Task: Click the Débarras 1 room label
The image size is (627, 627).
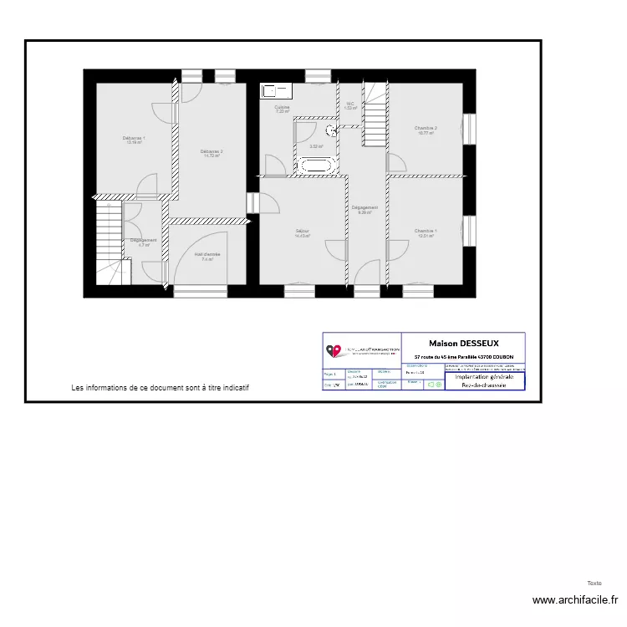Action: (x=133, y=138)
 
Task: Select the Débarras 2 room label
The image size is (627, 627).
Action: (x=211, y=151)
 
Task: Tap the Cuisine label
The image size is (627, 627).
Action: (x=283, y=107)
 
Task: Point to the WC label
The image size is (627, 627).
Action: (x=351, y=104)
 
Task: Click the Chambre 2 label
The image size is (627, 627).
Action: (x=426, y=128)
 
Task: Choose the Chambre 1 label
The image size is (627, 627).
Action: (x=426, y=231)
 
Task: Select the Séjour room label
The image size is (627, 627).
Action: (x=302, y=231)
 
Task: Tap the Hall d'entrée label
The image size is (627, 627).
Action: (x=207, y=254)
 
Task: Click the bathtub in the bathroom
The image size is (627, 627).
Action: (x=316, y=166)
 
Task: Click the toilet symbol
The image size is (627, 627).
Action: (x=332, y=130)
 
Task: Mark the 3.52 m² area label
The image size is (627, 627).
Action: (x=316, y=146)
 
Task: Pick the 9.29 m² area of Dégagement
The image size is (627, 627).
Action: (x=364, y=213)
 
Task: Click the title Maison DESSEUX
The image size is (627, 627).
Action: (x=463, y=343)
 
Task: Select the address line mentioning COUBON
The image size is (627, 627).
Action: (x=463, y=357)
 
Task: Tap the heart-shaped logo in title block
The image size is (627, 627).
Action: (x=333, y=352)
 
